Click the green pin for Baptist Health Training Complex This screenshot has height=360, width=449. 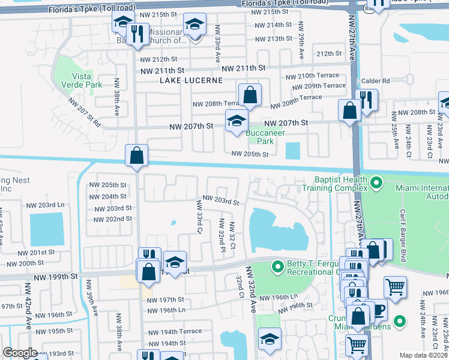click(376, 181)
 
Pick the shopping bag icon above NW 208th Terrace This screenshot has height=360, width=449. click(250, 95)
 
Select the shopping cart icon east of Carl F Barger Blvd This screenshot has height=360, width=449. click(395, 287)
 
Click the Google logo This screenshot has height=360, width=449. click(19, 353)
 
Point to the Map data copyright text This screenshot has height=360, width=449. click(423, 355)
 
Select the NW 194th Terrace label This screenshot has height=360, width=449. click(175, 332)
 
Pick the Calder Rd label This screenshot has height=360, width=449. click(376, 81)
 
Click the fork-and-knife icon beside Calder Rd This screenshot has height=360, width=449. click(366, 100)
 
